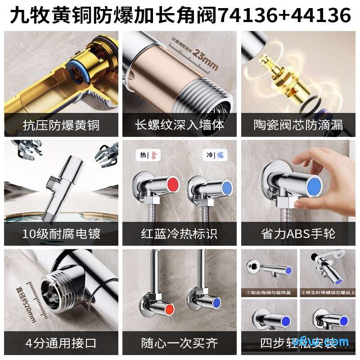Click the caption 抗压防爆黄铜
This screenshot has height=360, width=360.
[61, 124]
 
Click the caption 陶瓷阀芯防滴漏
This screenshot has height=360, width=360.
[299, 124]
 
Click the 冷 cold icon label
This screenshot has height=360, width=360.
[211, 155]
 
